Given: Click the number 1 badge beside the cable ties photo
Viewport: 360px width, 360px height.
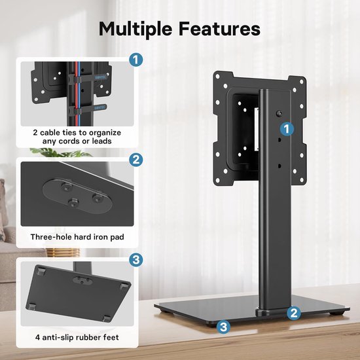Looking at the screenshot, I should point(135,60).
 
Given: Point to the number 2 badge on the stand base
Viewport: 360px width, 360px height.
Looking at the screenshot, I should point(295,314).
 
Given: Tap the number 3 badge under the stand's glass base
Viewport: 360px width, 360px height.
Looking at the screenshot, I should point(224,325).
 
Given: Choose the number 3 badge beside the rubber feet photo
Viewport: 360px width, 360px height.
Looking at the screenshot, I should point(135,260).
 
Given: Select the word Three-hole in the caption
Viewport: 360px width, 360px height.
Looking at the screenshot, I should point(52,237).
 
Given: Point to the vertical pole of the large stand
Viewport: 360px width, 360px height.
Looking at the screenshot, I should point(274,229).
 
